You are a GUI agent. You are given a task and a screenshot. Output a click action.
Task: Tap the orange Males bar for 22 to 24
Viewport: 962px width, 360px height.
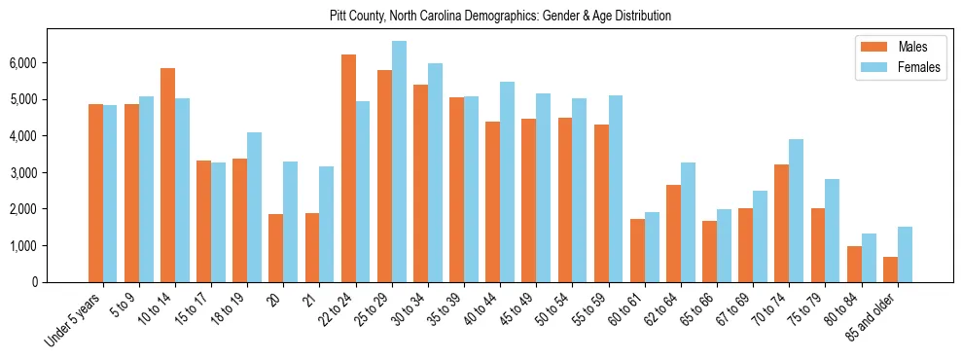pyautogui.click(x=348, y=168)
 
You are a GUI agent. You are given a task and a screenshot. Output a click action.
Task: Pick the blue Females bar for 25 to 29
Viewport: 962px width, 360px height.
pyautogui.click(x=399, y=162)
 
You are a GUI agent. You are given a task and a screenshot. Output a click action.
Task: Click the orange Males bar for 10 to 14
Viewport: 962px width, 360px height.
pyautogui.click(x=167, y=175)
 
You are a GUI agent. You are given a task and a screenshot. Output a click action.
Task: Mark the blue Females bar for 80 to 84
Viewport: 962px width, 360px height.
pyautogui.click(x=869, y=258)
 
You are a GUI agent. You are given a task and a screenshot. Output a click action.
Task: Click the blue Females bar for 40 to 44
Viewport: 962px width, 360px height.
pyautogui.click(x=507, y=182)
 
